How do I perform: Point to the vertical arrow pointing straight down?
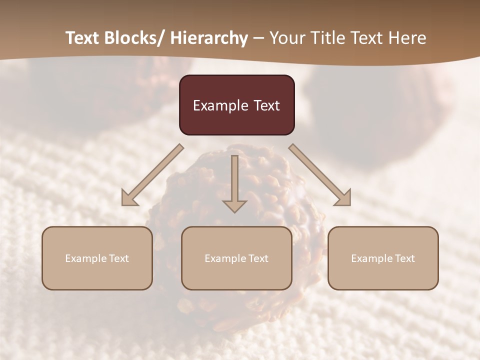pyautogui.click(x=234, y=180)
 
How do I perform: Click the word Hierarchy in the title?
pyautogui.click(x=209, y=38)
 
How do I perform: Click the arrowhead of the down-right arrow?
pyautogui.click(x=343, y=198)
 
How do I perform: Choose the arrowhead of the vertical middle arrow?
pyautogui.click(x=234, y=205)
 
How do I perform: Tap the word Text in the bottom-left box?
pyautogui.click(x=119, y=258)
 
